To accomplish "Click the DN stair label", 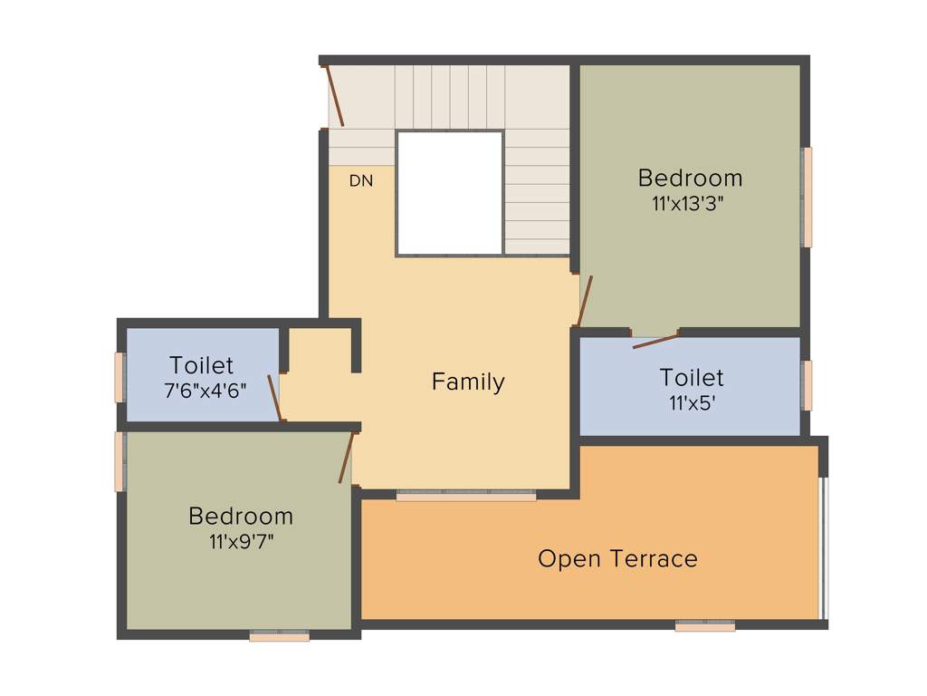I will pos(361,181).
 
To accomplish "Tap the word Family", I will pos(468,382).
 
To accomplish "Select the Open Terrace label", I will pos(617,558).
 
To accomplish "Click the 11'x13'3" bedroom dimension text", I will pos(688,204).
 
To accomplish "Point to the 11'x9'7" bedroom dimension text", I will pos(241,541).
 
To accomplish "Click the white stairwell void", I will pos(450,193).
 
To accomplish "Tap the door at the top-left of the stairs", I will pos(334,95).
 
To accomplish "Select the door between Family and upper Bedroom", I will pos(584,301).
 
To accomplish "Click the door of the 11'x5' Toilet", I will pos(655,340).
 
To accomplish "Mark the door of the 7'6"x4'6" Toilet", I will pos(275,398).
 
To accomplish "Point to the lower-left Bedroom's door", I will pos(345,458).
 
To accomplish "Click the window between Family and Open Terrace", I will pos(466,496).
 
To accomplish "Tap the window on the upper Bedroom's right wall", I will pos(807,197).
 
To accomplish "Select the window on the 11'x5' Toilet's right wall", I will pos(807,385).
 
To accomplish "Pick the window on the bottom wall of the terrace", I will pos(704,625).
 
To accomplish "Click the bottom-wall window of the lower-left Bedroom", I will pos(280,636).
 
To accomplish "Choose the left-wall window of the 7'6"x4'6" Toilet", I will pos(119,377).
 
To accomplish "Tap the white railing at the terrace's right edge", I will pos(823,547).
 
